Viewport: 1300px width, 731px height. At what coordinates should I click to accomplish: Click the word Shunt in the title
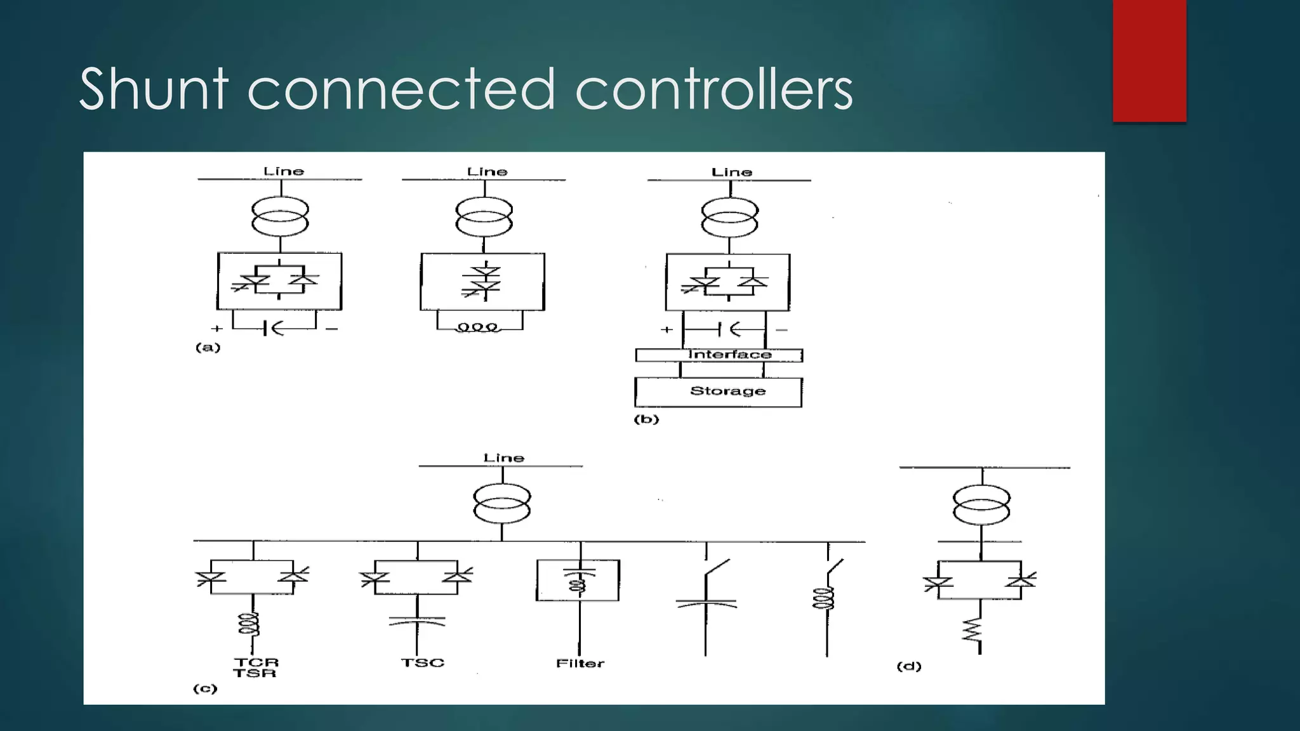click(x=154, y=89)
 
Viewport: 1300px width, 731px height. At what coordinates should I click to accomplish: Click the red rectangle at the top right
click(x=1149, y=61)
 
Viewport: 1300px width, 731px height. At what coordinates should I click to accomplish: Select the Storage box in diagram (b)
click(x=718, y=392)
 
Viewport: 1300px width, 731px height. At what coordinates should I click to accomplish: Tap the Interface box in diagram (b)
click(x=719, y=355)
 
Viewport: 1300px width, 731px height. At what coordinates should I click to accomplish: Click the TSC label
click(x=422, y=663)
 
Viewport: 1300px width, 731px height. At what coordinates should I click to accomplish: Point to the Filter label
click(x=580, y=664)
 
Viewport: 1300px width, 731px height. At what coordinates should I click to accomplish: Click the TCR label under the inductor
click(x=256, y=662)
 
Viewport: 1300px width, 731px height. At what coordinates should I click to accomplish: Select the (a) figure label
click(x=208, y=348)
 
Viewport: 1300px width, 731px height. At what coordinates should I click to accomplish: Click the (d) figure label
click(x=908, y=666)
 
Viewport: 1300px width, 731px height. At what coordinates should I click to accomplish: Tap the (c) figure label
click(x=205, y=689)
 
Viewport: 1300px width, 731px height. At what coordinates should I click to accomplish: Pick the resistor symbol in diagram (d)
click(x=972, y=631)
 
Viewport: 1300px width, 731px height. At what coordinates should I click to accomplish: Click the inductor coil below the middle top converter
click(x=479, y=328)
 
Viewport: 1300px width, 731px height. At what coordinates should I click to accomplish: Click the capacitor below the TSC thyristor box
click(x=417, y=621)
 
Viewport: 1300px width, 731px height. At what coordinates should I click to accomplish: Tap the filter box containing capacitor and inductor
click(x=578, y=580)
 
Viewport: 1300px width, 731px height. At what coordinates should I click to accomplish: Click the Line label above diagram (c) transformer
click(x=503, y=458)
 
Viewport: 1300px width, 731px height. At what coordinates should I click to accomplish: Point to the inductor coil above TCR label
click(x=249, y=624)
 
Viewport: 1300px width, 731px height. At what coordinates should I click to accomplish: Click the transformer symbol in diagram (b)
click(x=729, y=217)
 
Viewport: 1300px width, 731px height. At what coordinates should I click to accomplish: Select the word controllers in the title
click(x=713, y=89)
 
